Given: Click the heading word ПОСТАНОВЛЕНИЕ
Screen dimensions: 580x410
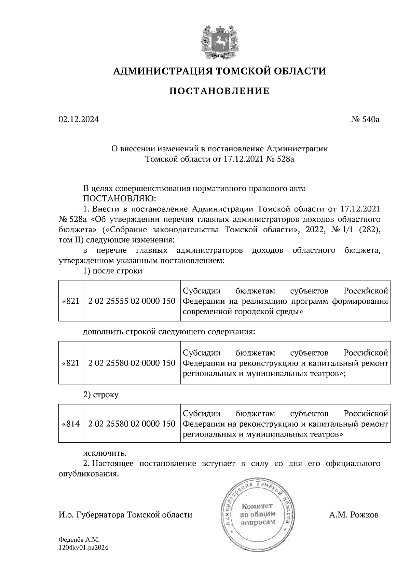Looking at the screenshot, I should [x=219, y=91].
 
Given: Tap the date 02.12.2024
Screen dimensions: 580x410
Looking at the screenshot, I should [x=79, y=120].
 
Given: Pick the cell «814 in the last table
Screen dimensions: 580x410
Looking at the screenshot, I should [x=71, y=424].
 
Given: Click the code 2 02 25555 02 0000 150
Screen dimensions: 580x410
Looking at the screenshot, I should [x=132, y=301].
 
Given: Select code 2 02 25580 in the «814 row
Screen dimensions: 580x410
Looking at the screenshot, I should [x=132, y=424].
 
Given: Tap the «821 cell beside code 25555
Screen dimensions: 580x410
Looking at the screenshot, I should [x=71, y=301].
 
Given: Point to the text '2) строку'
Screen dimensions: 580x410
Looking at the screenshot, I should [x=101, y=395].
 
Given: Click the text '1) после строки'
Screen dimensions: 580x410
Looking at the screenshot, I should [x=113, y=271].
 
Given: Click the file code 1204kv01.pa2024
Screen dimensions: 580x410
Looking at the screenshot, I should [x=83, y=548].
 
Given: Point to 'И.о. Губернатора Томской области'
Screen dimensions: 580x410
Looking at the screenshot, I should [x=125, y=515].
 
